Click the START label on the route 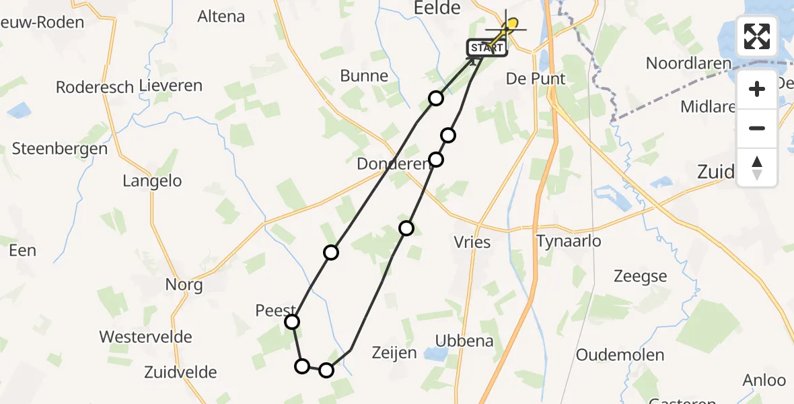486,48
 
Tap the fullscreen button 757,36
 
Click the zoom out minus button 757,128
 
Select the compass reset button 757,168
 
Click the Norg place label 184,285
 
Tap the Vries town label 472,242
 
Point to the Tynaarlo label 569,241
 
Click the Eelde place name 441,8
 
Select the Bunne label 364,75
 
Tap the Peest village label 275,310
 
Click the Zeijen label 394,352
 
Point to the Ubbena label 464,341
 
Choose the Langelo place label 152,181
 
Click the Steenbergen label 60,149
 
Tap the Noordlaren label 688,63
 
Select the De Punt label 536,79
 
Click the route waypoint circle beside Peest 292,322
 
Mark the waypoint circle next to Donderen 436,160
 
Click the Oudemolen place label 620,355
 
